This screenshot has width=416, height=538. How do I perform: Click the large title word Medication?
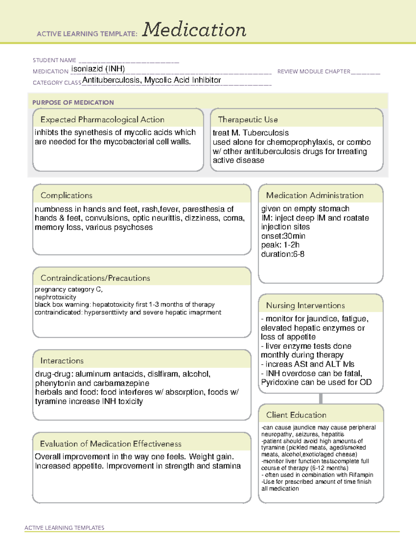(194, 30)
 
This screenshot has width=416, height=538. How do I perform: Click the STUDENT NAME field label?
(54, 60)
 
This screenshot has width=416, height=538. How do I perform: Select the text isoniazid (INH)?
(98, 69)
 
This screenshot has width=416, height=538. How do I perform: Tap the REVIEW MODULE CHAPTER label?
(314, 71)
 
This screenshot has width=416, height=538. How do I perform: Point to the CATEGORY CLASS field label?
(57, 83)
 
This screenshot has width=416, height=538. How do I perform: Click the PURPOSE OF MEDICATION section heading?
(73, 103)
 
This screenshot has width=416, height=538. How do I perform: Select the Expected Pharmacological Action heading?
(102, 120)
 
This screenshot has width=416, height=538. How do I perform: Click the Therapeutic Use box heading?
(248, 120)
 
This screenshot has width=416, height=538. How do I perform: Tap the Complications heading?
(67, 195)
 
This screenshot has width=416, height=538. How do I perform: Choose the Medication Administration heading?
(315, 195)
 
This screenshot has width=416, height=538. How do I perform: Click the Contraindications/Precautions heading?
(95, 278)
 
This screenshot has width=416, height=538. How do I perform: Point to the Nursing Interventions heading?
(305, 306)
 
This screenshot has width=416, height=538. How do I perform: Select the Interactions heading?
(62, 361)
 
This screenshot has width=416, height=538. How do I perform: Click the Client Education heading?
(296, 415)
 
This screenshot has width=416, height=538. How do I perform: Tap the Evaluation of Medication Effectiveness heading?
(111, 444)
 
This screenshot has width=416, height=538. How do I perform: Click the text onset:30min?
(283, 236)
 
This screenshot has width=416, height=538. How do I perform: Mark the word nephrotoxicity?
(55, 297)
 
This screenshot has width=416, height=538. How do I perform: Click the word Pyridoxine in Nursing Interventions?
(281, 382)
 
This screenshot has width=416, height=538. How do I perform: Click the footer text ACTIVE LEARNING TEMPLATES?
(64, 528)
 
